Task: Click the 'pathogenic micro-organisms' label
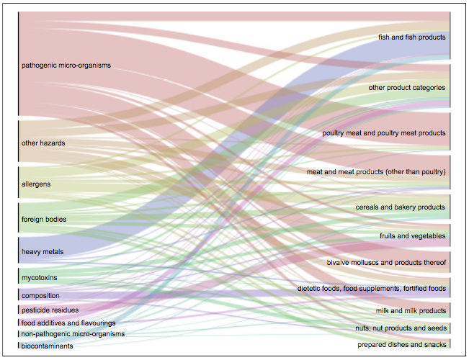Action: tap(66, 66)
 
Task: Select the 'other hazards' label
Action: tap(43, 143)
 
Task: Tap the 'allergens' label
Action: tap(36, 184)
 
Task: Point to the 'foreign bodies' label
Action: tap(44, 220)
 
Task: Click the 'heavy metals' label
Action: tap(43, 252)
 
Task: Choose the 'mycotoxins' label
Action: tap(39, 278)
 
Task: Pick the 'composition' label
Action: tap(40, 296)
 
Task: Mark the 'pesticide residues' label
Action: tap(50, 310)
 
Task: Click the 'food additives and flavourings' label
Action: tap(68, 323)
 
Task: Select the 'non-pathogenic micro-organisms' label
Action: tap(73, 333)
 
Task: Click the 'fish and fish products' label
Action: tap(412, 37)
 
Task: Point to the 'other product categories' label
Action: tap(407, 88)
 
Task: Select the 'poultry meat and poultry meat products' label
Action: tap(384, 133)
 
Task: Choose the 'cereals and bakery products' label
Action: tap(401, 207)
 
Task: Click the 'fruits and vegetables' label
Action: tap(413, 236)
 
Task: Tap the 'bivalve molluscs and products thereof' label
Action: tap(386, 263)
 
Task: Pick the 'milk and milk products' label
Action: tap(411, 311)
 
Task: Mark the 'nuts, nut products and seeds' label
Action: tap(401, 328)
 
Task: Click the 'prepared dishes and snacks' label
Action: tap(402, 345)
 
